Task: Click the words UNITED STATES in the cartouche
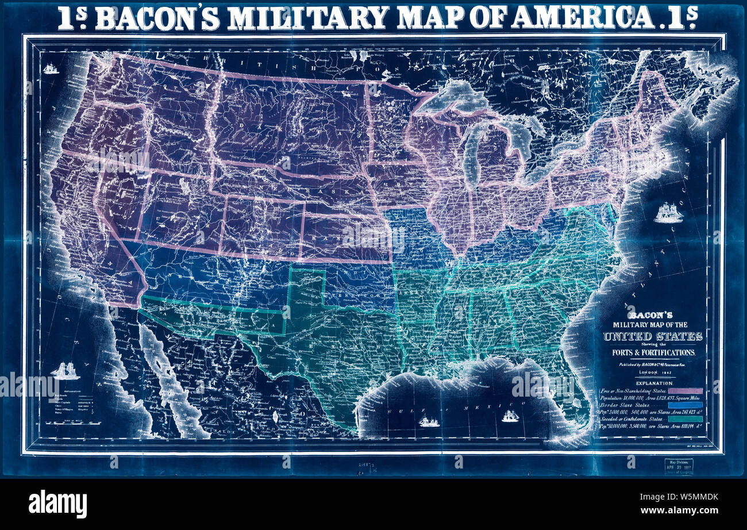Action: coord(652,336)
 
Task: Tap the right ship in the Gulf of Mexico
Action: coord(510,416)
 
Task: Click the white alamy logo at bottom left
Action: coord(57,504)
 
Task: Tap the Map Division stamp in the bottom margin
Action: coord(678,466)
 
